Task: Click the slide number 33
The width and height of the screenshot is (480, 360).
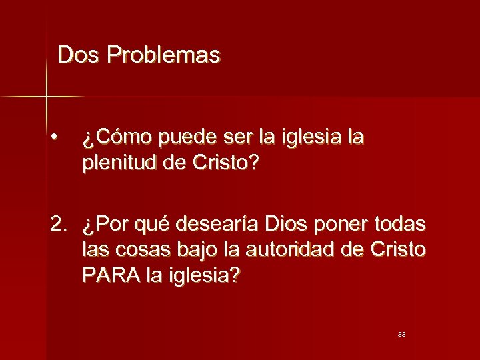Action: pos(401,334)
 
